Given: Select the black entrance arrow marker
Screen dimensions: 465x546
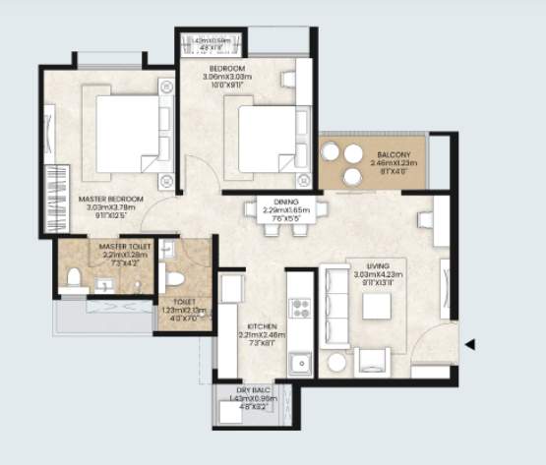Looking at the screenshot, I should tap(471, 344).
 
